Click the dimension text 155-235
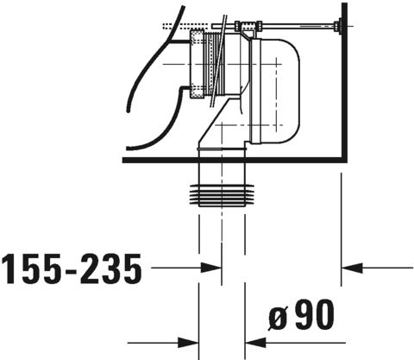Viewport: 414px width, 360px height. (71, 270)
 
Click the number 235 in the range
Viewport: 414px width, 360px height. (108, 270)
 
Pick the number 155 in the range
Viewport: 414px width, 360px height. (32, 270)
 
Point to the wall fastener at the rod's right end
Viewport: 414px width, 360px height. (343, 28)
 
